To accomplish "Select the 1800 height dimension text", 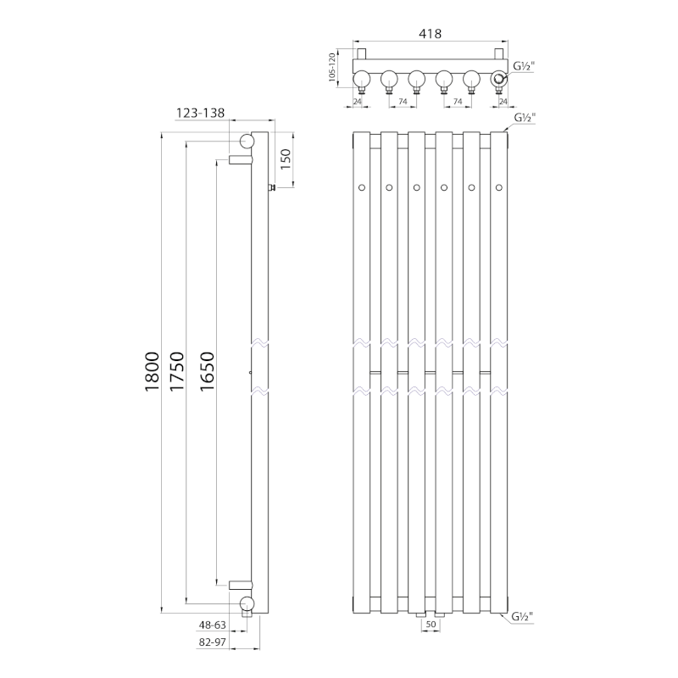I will coord(153,370).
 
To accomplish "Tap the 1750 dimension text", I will coord(178,370).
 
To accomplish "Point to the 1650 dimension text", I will coord(207,370).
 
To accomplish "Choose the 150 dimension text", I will coord(286,158).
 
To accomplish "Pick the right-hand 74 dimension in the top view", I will coord(458,101).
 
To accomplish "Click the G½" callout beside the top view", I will coord(525,65).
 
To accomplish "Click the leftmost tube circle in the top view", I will coord(360,80).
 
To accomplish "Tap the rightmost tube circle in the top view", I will coord(500,80).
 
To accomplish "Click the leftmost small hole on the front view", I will coord(361,186).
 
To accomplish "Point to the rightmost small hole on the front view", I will coord(499,186).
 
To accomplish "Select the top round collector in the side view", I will coord(247,142).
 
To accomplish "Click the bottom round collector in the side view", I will coord(247,603).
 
